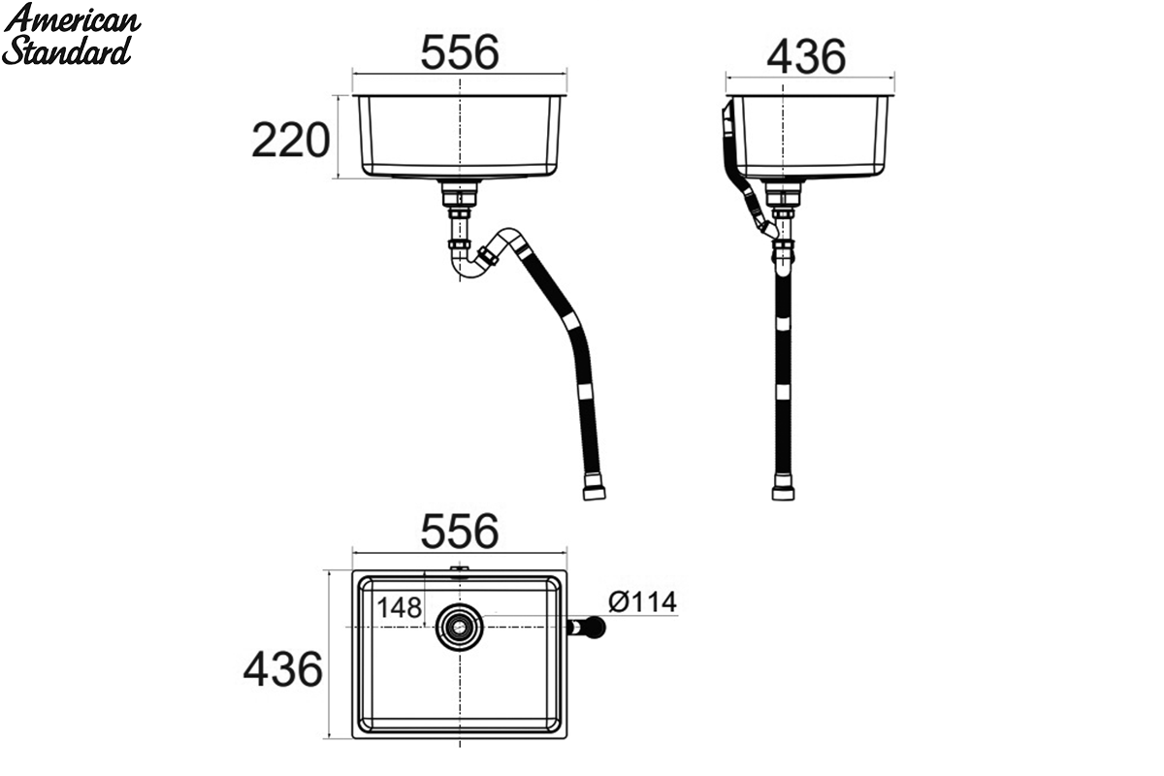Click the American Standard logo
tap(71, 34)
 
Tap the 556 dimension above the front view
tap(460, 52)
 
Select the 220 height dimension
tap(290, 140)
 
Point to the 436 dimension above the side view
tap(806, 56)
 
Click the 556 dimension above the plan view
tap(460, 532)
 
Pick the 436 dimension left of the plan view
tap(282, 669)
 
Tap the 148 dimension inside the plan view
tap(399, 607)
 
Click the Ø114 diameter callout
tap(642, 601)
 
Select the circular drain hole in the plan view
tap(460, 628)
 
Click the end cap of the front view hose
tap(594, 492)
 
